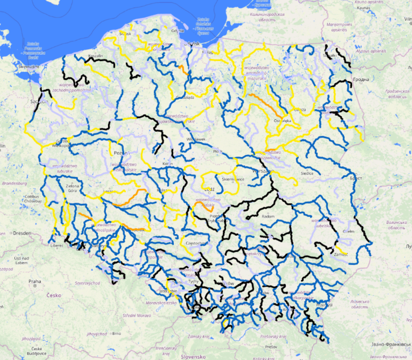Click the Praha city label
pyautogui.click(x=35, y=281)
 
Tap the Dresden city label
pyautogui.click(x=22, y=233)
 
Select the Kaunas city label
pyautogui.click(x=363, y=8)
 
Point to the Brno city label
pyautogui.click(x=116, y=333)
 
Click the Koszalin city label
pyautogui.click(x=95, y=56)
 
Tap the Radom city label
pyautogui.click(x=268, y=216)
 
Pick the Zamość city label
pyautogui.click(x=340, y=255)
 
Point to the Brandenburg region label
pyautogui.click(x=14, y=183)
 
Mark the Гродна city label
pyautogui.click(x=361, y=80)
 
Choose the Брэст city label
pyautogui.click(x=356, y=178)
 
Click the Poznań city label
pyautogui.click(x=119, y=153)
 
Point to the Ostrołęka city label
pyautogui.click(x=282, y=121)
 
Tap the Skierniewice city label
pyautogui.click(x=230, y=178)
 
